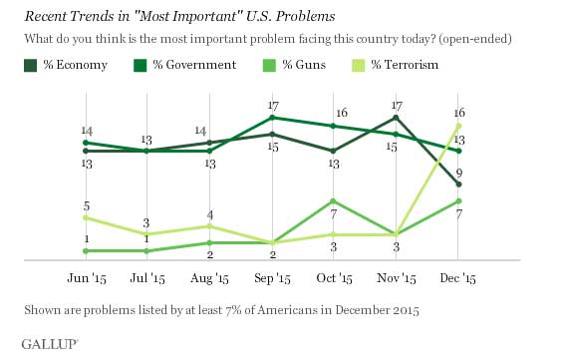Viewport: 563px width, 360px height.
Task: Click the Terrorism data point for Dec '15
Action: pyautogui.click(x=458, y=126)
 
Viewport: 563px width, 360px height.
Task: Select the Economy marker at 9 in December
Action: pyautogui.click(x=458, y=184)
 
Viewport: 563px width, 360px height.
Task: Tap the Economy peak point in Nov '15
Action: pyautogui.click(x=396, y=118)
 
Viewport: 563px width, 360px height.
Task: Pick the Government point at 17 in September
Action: pyautogui.click(x=272, y=118)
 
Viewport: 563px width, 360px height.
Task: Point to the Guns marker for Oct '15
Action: pyautogui.click(x=333, y=200)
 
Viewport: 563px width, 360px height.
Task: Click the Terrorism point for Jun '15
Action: pyautogui.click(x=86, y=217)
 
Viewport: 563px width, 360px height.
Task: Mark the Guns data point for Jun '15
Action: pyautogui.click(x=86, y=251)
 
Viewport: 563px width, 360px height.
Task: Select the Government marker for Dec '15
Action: pyautogui.click(x=458, y=151)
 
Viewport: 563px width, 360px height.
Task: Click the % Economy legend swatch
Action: pyautogui.click(x=31, y=66)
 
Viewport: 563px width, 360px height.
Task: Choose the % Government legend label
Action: pyautogui.click(x=194, y=65)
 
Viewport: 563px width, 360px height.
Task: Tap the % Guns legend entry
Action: pyautogui.click(x=294, y=65)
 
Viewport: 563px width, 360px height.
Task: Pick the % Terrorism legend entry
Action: pyautogui.click(x=395, y=65)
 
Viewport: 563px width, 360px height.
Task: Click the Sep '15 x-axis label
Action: pyautogui.click(x=272, y=278)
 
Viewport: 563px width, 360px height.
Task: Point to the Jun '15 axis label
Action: pyautogui.click(x=87, y=278)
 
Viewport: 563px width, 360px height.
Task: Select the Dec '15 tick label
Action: pyautogui.click(x=457, y=278)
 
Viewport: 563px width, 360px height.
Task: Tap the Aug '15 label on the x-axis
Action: pyautogui.click(x=209, y=278)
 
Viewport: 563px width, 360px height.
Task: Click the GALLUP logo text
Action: pyautogui.click(x=49, y=344)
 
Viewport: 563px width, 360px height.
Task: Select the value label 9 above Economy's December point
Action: pyautogui.click(x=459, y=174)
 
